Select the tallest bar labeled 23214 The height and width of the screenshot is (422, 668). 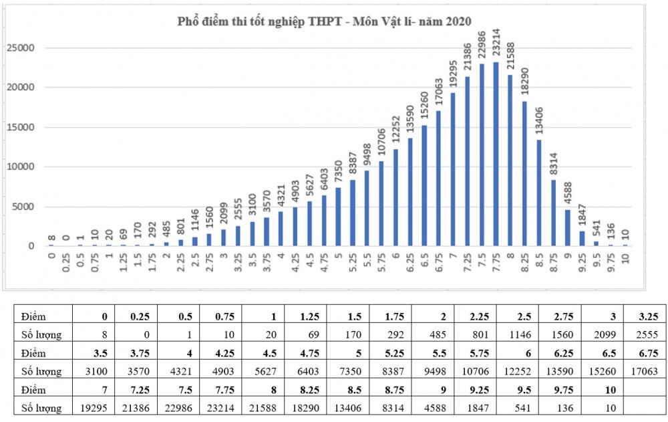point(495,154)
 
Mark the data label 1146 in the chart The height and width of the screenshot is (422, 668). point(193,218)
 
